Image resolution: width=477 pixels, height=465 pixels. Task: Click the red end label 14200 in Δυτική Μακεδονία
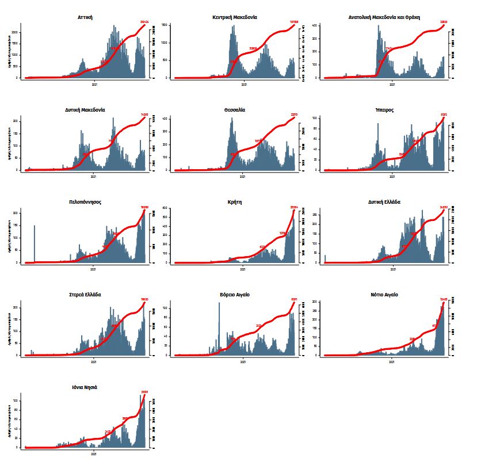click(x=144, y=115)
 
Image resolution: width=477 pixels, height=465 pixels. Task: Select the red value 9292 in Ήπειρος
click(x=444, y=115)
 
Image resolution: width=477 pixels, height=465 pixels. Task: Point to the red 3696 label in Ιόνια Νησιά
click(x=144, y=392)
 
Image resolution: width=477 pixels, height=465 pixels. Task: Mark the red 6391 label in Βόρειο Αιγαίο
click(x=294, y=299)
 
